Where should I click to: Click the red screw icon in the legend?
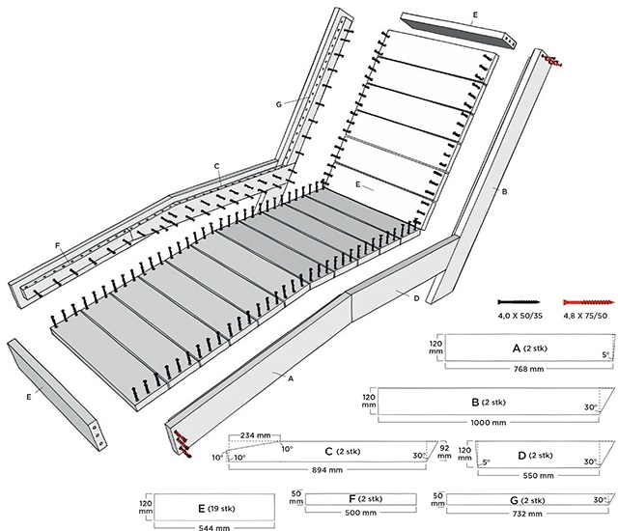[x=580, y=302]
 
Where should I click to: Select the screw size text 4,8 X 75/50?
[x=582, y=316]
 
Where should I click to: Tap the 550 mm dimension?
[x=539, y=475]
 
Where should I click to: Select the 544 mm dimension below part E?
[x=214, y=526]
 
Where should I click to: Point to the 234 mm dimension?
[x=255, y=434]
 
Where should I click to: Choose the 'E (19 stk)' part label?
[x=213, y=505]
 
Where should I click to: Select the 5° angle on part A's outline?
[x=605, y=354]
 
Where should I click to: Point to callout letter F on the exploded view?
[x=58, y=248]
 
